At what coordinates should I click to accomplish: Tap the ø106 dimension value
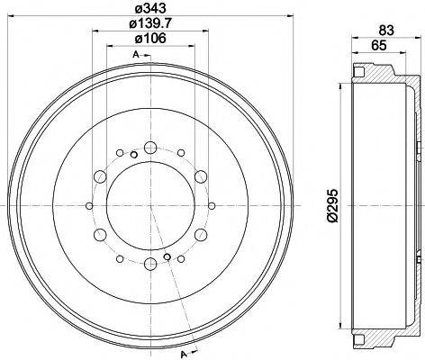pyautogui.click(x=151, y=40)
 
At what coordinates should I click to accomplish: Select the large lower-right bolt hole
pyautogui.click(x=202, y=236)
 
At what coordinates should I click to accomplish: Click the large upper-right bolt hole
pyautogui.click(x=202, y=175)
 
